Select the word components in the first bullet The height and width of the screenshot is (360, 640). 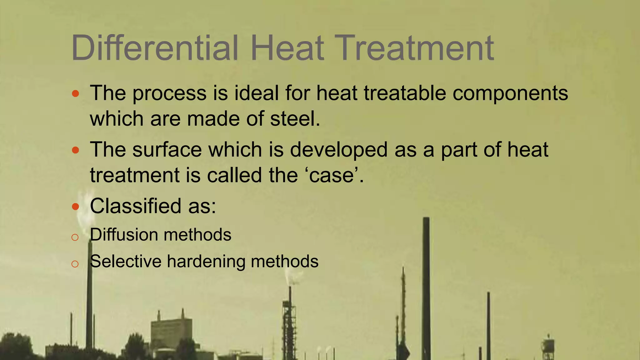point(510,94)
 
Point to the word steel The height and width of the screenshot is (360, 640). point(295,119)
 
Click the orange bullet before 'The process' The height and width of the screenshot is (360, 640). point(75,93)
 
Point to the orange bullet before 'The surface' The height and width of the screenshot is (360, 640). point(75,150)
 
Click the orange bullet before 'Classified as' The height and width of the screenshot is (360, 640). point(75,207)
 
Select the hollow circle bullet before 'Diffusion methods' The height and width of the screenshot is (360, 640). point(75,237)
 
